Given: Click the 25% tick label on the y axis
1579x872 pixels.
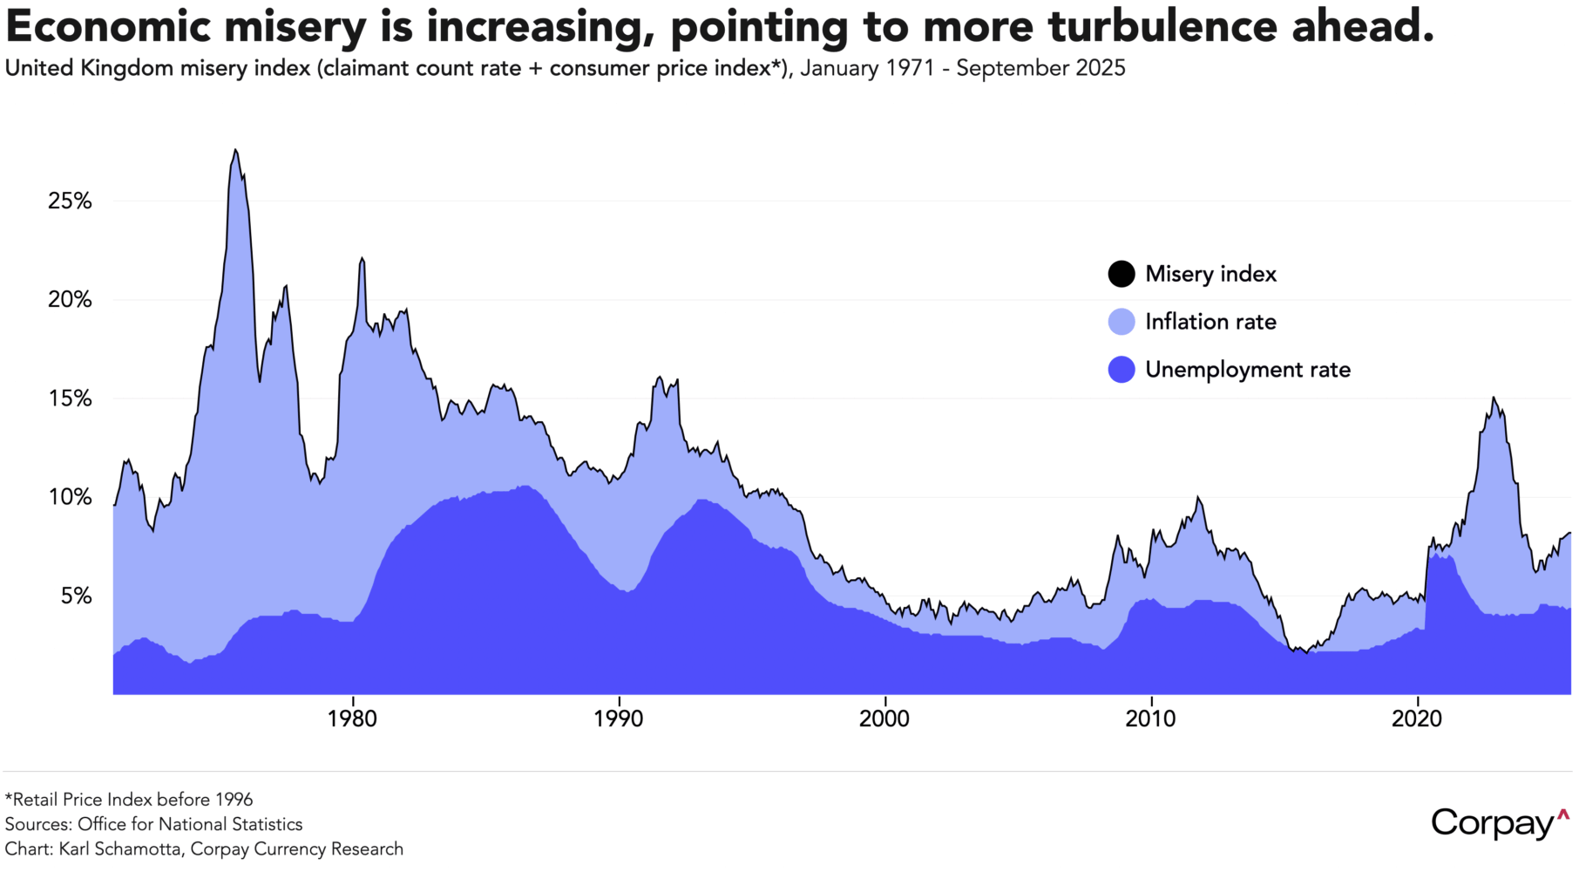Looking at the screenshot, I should click(70, 201).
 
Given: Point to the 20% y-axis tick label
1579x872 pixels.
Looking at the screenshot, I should click(70, 300).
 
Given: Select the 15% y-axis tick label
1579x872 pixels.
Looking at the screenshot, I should click(70, 399).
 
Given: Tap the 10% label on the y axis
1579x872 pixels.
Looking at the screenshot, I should click(70, 497).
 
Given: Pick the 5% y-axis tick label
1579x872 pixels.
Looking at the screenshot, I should click(76, 596).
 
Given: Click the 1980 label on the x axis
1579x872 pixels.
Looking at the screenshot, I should click(352, 719).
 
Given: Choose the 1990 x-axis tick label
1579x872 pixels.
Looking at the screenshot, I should click(619, 719).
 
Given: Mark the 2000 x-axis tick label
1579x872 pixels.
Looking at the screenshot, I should click(884, 719).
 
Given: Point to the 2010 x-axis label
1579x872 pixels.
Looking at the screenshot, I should click(1150, 719).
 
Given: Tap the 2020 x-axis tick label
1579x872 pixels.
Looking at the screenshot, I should click(1417, 719).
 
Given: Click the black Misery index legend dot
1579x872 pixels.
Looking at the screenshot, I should click(1122, 274).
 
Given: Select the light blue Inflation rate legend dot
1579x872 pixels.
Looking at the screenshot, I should click(1122, 322).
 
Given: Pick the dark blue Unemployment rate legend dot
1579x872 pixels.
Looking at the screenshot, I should click(1122, 370).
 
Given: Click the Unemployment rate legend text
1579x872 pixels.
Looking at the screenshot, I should click(1248, 370).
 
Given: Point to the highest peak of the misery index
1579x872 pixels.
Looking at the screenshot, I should click(234, 150).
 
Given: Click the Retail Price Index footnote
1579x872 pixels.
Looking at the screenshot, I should click(129, 800).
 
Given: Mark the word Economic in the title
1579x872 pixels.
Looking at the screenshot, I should click(109, 27).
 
